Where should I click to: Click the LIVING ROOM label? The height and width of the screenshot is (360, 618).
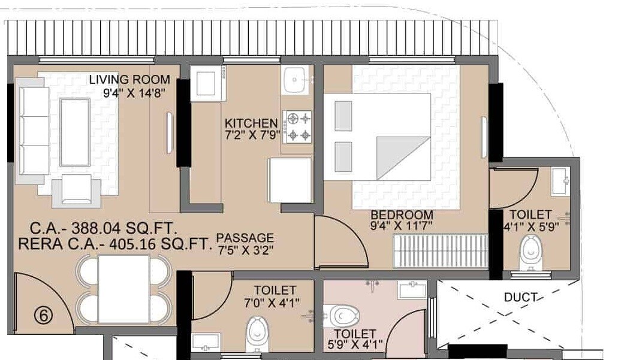[x=129, y=80]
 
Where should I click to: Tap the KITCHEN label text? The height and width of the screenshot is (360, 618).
[x=251, y=123]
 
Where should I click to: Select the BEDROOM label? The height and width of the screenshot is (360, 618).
[x=401, y=215]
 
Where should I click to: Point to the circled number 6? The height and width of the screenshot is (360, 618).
[x=41, y=313]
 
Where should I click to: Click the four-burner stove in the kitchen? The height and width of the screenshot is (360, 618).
[x=299, y=126]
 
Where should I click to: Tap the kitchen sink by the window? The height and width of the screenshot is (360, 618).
[x=296, y=80]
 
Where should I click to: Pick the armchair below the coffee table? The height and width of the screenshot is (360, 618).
[x=76, y=190]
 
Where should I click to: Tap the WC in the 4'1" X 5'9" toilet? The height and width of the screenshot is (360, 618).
[x=530, y=252]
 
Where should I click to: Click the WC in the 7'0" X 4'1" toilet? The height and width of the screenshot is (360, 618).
[x=256, y=333]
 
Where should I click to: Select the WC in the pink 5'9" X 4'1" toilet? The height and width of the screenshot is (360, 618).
[x=344, y=314]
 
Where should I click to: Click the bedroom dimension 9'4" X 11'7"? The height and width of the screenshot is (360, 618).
[x=402, y=226]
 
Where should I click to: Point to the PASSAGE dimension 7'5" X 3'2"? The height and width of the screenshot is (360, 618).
[x=245, y=249]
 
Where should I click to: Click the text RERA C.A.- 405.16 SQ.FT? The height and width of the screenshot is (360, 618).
[x=116, y=244]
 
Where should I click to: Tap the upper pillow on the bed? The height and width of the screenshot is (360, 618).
[x=343, y=116]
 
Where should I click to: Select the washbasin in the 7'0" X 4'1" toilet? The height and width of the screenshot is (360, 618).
[x=207, y=343]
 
